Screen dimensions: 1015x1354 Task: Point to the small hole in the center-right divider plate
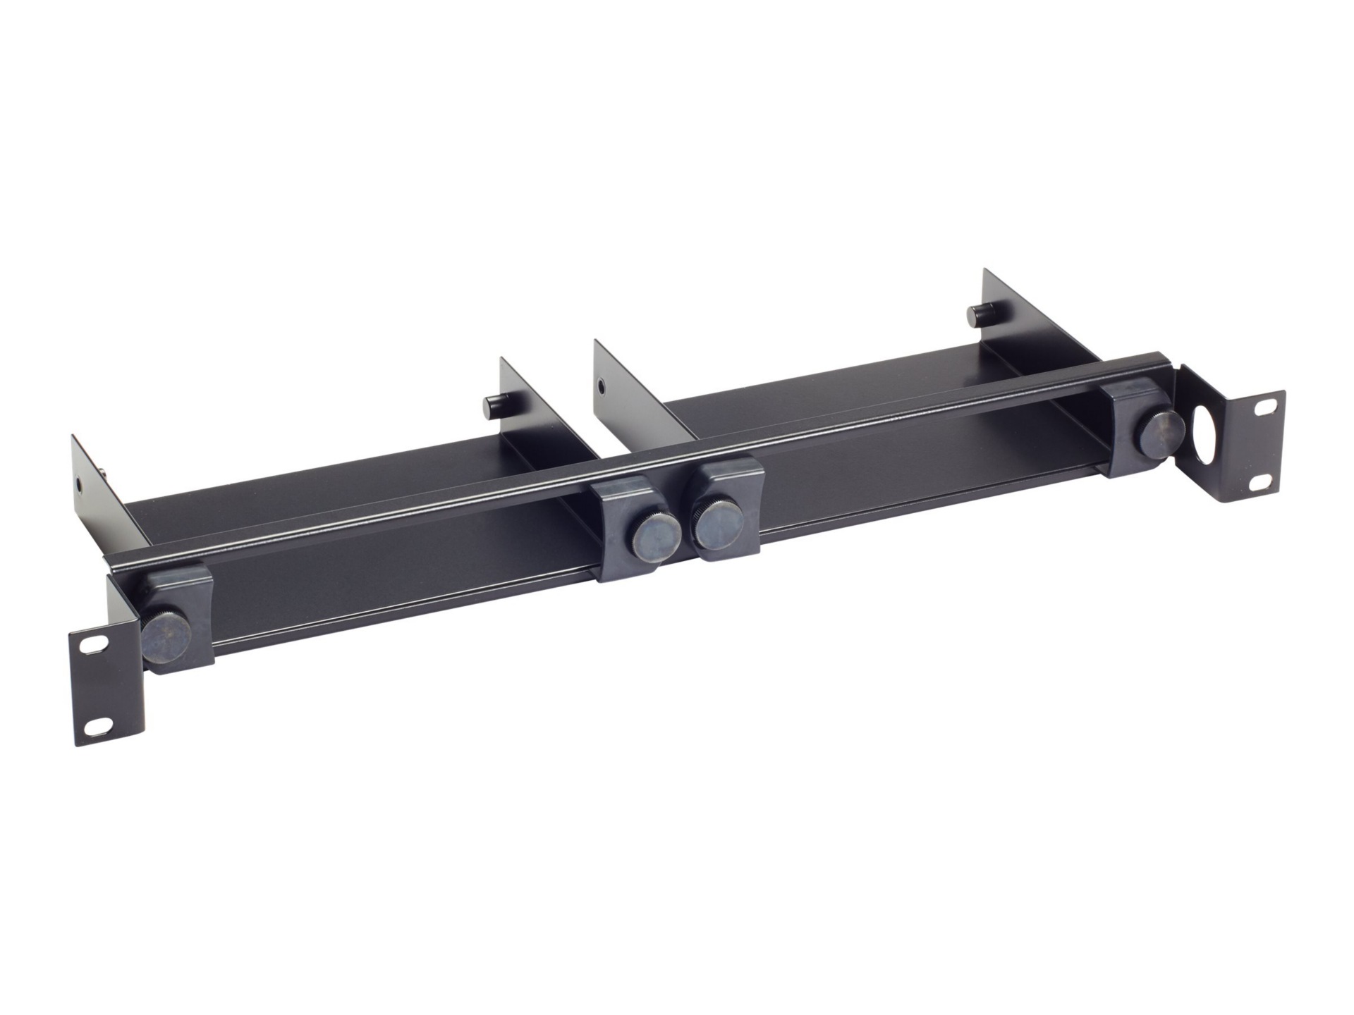click(x=600, y=386)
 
